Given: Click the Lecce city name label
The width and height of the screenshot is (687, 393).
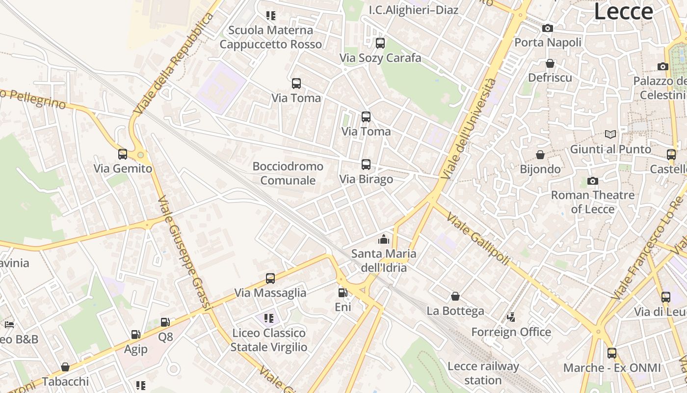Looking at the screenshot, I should (623, 12).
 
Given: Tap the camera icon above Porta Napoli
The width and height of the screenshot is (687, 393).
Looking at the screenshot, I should (548, 28).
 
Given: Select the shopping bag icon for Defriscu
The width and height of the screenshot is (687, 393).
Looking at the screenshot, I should (550, 63).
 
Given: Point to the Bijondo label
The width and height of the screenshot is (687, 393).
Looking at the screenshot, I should (540, 169).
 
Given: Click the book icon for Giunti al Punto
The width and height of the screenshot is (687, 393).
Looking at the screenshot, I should (610, 134).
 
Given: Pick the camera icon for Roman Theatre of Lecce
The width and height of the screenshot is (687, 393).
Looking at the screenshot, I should (593, 181).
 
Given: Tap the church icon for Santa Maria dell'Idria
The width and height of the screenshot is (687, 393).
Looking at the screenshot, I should (383, 239).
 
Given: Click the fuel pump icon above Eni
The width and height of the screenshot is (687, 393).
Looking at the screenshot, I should (343, 293).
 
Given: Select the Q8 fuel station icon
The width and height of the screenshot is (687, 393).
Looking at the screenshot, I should (165, 322).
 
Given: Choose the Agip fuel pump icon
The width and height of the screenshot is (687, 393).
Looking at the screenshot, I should (135, 335).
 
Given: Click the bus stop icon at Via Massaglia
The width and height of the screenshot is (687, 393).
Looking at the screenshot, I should (270, 279).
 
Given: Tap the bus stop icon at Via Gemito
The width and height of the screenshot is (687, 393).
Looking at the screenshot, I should (123, 154).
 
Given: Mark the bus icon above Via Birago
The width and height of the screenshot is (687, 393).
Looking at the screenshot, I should (366, 165).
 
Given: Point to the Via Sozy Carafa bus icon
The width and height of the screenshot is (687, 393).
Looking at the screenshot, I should (380, 43).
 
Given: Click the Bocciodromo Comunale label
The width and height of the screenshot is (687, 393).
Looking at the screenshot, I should (288, 173).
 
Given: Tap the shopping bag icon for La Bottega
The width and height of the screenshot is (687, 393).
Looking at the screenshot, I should (455, 296).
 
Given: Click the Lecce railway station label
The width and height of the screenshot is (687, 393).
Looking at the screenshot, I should (483, 373).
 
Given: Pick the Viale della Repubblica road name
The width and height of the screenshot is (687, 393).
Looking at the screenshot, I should (175, 64).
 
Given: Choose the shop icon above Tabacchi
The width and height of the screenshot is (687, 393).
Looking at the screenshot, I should (65, 367).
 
